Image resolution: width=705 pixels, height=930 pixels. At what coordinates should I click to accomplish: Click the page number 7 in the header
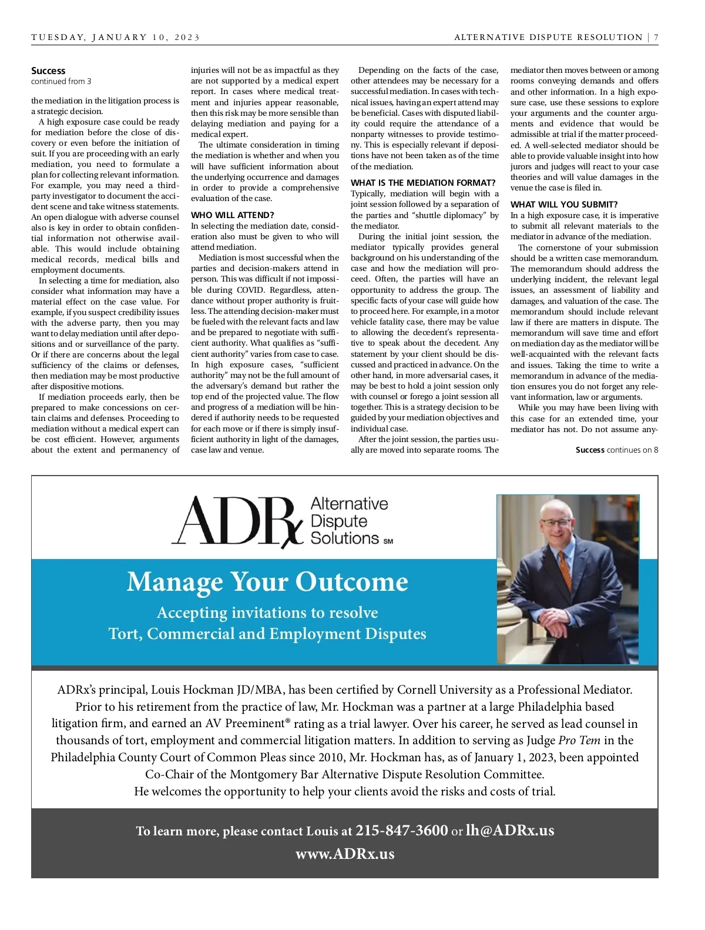coord(656,38)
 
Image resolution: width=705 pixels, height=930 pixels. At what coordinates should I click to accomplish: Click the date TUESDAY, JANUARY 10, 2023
coord(115,38)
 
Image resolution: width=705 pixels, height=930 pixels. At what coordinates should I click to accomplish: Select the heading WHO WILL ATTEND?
coord(232,215)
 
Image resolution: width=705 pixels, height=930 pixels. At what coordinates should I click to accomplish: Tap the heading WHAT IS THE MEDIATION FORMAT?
coord(423,183)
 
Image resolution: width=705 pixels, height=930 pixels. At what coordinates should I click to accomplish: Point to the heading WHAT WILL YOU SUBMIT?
coord(563,205)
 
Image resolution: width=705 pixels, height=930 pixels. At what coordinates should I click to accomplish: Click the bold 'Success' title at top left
coord(48,71)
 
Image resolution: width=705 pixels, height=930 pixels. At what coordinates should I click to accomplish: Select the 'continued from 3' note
coord(61,81)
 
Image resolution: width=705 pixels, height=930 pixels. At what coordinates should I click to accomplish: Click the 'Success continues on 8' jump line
coord(616,450)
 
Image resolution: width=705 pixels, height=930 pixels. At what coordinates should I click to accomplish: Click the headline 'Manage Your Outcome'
coord(267,581)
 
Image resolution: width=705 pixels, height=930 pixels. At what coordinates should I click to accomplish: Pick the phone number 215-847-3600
coord(402,830)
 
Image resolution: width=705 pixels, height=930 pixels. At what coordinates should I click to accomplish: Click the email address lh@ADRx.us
coord(509,830)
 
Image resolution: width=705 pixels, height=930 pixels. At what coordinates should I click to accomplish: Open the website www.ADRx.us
coord(345,854)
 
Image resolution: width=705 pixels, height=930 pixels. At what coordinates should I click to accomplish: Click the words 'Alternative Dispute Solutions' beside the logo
coord(349,521)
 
